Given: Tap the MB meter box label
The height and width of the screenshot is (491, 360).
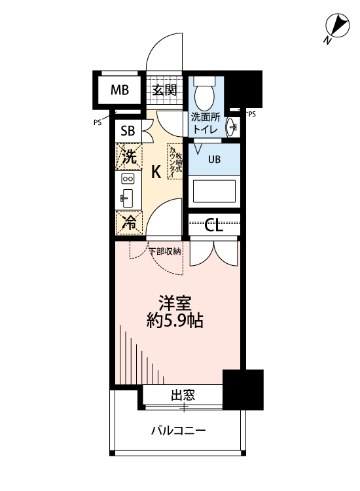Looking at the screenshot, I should pos(120,90).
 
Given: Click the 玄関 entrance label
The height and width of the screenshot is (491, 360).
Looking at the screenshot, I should pos(165,90).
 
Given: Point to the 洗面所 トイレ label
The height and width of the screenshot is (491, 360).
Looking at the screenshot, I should pos(206,124).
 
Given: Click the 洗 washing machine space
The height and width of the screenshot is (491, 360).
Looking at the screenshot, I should pos(130,156).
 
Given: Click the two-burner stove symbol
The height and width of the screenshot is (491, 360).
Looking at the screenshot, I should pos(128,179).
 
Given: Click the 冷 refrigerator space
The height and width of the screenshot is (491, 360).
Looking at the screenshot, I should pos(130,223).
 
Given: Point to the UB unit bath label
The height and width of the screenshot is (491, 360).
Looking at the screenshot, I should pos(214,159).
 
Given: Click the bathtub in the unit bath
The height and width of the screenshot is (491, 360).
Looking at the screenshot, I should pos(214,192).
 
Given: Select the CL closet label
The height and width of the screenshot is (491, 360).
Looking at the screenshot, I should pos(214,226).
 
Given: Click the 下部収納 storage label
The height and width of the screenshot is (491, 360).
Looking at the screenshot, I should pos(168,251).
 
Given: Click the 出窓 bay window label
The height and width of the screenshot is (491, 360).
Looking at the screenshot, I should pos(183,395).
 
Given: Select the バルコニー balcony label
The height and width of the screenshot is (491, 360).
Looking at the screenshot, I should pos(178,431).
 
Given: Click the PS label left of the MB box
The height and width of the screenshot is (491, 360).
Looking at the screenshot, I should pos(98,122).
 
